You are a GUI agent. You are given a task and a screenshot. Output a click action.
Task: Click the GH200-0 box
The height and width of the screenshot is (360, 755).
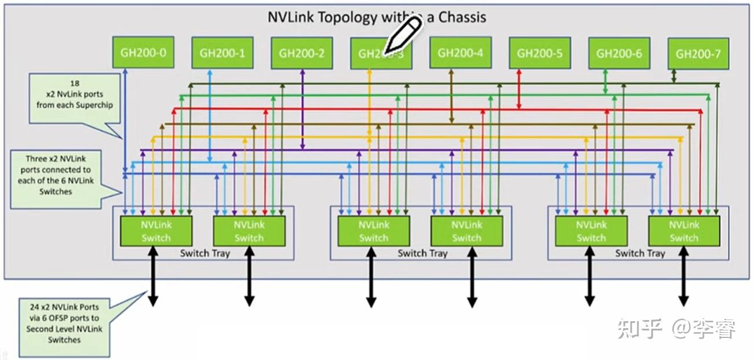coord(143,53)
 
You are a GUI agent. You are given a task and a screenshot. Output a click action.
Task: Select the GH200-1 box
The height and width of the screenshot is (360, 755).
coord(223,53)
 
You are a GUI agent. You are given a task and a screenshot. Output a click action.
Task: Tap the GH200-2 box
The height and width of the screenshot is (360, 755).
coord(301,53)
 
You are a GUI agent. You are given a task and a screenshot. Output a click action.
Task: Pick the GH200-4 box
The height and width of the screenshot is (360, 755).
coord(460,53)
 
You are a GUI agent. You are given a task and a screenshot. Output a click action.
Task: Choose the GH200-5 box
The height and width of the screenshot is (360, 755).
coord(539,53)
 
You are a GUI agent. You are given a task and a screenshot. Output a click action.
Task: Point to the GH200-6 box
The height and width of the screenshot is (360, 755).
coord(619,53)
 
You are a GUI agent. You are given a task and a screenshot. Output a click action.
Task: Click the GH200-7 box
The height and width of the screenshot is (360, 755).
coord(698,54)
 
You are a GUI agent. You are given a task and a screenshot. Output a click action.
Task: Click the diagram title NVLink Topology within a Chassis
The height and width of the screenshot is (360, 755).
coord(377,17)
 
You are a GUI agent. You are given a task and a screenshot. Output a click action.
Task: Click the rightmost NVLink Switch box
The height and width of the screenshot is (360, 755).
coord(684,231)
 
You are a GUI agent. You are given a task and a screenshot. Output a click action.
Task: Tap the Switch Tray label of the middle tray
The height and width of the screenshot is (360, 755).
coord(422,253)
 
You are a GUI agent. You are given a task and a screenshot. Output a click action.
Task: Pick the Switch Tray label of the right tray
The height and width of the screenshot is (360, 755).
coord(640,253)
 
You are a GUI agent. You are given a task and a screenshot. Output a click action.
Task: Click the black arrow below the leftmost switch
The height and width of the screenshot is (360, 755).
coord(153,276)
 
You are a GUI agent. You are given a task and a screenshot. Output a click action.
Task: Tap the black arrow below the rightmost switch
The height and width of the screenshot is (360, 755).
coord(684,276)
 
